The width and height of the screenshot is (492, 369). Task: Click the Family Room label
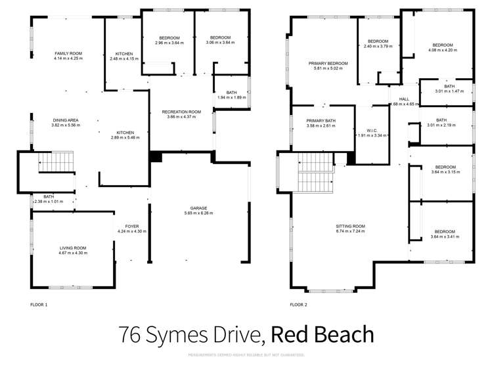tap(68, 53)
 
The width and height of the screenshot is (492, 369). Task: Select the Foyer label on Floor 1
tap(132, 227)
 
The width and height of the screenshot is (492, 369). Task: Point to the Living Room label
tap(72, 248)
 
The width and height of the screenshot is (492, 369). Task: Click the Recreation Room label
tap(181, 112)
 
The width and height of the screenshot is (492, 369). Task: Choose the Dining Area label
tap(66, 120)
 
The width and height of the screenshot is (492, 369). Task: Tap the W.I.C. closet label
tap(371, 129)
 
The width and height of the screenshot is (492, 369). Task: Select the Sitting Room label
tap(350, 226)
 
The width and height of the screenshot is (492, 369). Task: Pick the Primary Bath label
tap(321, 121)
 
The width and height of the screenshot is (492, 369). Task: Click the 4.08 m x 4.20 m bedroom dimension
tap(441, 50)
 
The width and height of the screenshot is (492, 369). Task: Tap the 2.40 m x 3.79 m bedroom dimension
tap(378, 47)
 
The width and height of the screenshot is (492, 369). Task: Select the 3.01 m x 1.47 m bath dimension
tap(449, 91)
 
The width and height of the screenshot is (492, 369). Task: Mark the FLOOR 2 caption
tap(298, 305)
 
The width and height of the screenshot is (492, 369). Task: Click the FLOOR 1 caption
tap(39, 305)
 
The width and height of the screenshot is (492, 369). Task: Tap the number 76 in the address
tap(132, 335)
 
